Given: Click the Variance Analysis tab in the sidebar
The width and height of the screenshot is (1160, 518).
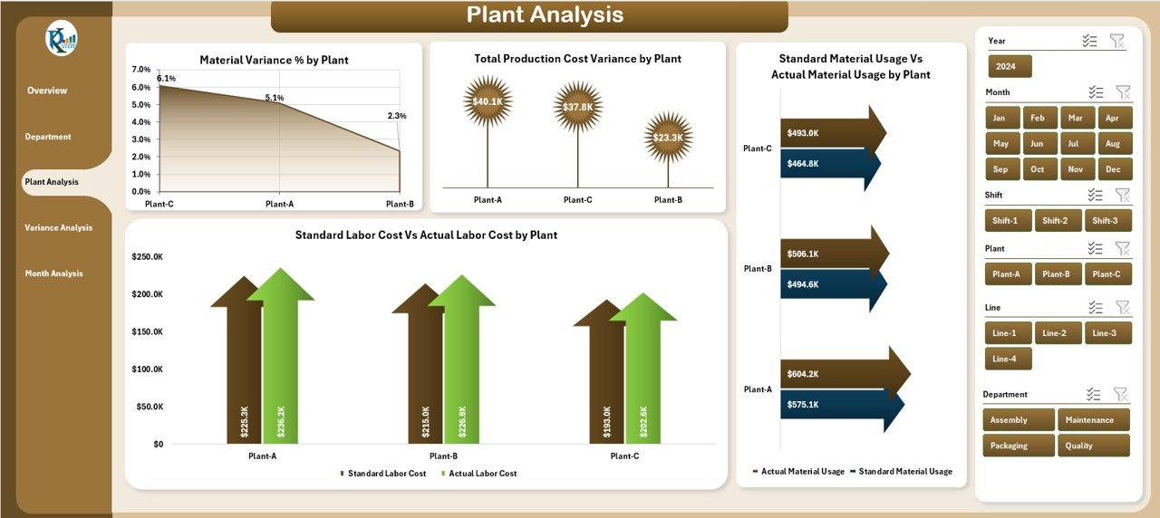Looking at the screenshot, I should [59, 228].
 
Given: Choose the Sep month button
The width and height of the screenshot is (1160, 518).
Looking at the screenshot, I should [1000, 169].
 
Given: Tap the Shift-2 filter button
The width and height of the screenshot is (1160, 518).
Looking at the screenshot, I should [1055, 221].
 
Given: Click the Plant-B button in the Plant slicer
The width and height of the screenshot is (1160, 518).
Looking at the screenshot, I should [1058, 274].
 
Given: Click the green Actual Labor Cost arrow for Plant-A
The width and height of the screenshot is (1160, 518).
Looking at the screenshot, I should [280, 362].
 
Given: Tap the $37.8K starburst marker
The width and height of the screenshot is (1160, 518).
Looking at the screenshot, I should [577, 107].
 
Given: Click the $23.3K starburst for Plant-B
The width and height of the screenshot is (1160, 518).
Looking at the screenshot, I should [668, 138].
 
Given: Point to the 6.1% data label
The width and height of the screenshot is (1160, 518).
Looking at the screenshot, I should [167, 79].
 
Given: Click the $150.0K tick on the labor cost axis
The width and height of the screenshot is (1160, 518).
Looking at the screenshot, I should [146, 332].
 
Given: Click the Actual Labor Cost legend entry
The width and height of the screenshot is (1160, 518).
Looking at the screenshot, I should [481, 474].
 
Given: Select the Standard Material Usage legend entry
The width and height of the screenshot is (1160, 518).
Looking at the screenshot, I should [904, 472].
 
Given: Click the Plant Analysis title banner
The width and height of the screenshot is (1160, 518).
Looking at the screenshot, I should [529, 15].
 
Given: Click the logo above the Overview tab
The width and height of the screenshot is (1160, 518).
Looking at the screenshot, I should [62, 39].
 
